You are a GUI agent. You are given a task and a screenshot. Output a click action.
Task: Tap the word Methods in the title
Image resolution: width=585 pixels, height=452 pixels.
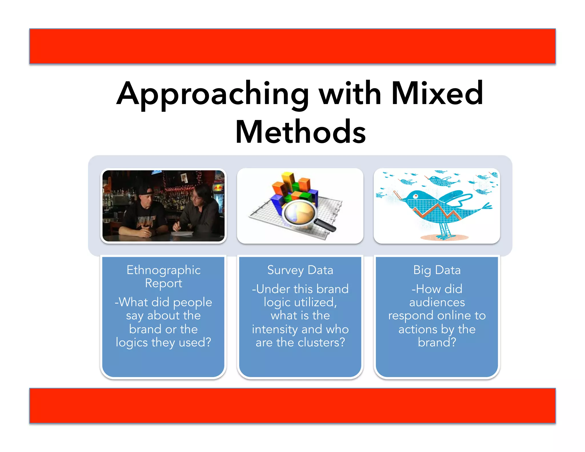pos(300,132)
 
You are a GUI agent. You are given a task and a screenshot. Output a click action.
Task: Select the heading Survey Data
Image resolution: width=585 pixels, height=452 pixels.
pos(300,270)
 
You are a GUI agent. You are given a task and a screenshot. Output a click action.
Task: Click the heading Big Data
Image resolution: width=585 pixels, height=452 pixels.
pos(437,270)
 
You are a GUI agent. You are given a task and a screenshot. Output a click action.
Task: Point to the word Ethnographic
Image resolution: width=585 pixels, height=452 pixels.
pos(163,270)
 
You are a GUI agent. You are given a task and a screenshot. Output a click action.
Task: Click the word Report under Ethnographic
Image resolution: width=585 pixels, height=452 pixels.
pos(163,283)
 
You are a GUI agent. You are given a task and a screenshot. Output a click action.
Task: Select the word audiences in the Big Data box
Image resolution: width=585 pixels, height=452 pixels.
pos(437,302)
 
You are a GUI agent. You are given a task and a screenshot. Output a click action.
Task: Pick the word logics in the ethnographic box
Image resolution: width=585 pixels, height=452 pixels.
pos(131,342)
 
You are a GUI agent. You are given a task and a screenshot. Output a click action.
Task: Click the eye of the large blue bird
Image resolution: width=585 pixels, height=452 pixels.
pos(415,196)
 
